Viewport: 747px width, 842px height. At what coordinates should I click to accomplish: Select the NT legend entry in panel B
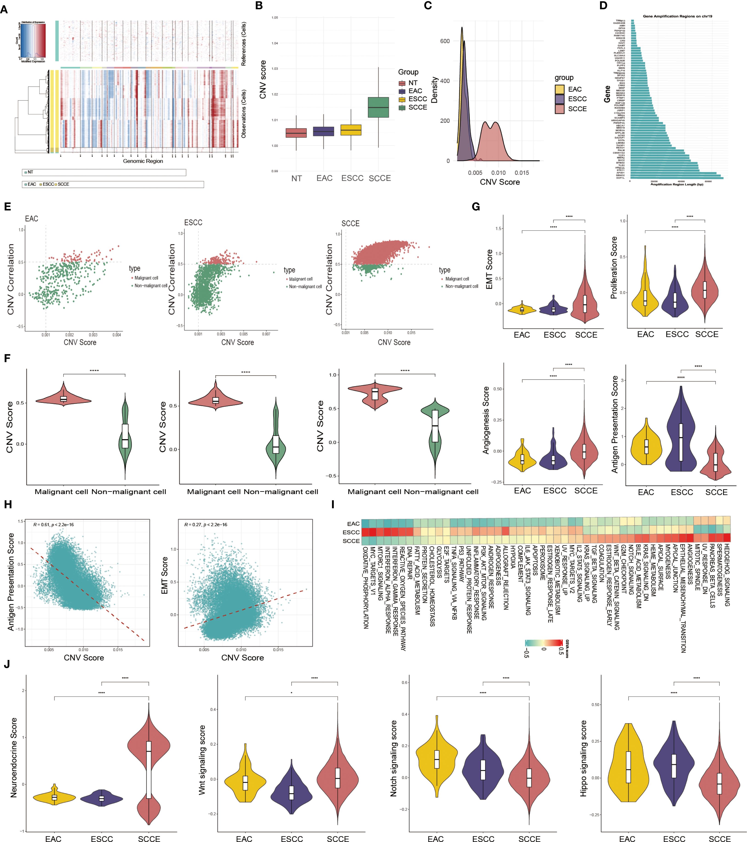(x=412, y=83)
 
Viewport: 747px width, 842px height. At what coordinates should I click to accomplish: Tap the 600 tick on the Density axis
(x=445, y=41)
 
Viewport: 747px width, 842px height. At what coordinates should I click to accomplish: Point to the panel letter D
(x=604, y=6)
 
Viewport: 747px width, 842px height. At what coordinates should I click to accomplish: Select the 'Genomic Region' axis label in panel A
(x=143, y=161)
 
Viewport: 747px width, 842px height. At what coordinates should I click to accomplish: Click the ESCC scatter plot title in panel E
(x=193, y=222)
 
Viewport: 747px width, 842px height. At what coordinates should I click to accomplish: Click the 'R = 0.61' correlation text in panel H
(x=54, y=524)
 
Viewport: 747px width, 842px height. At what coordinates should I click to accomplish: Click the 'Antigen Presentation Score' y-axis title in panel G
(x=615, y=424)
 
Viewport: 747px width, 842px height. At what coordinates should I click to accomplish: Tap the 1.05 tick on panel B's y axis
(x=275, y=18)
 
